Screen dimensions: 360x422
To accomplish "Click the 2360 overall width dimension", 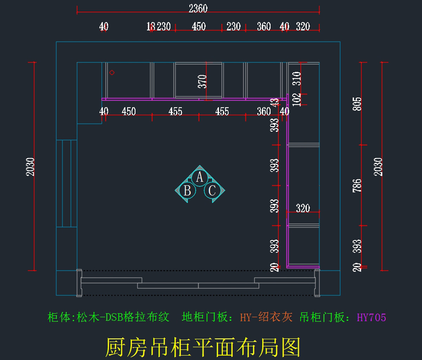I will click(198, 8).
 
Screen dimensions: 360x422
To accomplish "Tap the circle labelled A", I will click(200, 177).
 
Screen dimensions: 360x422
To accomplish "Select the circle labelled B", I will click(187, 191).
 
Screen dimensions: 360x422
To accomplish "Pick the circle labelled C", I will click(212, 191).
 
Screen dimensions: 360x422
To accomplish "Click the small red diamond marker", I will click(112, 72).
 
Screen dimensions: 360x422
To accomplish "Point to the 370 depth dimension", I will click(202, 82).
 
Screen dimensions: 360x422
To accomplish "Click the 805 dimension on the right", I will click(357, 104).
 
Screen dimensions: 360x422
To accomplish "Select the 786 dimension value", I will click(357, 186).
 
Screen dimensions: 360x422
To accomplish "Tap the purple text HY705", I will click(371, 317).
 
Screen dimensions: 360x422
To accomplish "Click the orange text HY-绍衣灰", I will click(266, 317).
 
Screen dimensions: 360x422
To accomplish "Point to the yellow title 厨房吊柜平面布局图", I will click(203, 347).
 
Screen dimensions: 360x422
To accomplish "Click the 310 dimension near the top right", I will click(297, 78).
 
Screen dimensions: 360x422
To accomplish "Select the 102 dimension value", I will click(297, 99).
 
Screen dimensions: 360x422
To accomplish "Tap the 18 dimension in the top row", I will click(151, 26).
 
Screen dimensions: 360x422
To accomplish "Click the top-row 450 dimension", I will click(199, 26).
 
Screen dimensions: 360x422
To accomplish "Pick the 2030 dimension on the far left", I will click(31, 167).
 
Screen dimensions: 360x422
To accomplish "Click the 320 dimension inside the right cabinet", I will click(303, 208).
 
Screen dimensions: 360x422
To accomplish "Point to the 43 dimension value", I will click(275, 102).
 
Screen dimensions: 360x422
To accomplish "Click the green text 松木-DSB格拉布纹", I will click(123, 317).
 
